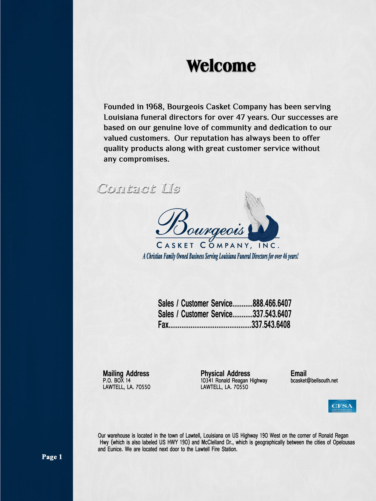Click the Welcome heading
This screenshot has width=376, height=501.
click(221, 66)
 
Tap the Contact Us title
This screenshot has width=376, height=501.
click(138, 188)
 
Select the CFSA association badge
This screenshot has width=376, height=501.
click(342, 406)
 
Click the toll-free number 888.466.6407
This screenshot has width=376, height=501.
click(272, 303)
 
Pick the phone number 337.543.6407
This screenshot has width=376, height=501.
click(272, 314)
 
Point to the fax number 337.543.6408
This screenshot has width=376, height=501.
click(271, 325)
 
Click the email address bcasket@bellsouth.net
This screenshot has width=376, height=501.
click(314, 380)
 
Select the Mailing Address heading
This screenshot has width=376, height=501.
click(126, 374)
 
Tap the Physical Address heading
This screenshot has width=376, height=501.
click(225, 374)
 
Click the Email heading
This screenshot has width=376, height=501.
click(298, 374)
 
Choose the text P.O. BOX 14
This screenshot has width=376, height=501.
click(117, 380)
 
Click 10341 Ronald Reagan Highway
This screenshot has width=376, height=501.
click(234, 380)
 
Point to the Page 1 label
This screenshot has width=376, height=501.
click(52, 457)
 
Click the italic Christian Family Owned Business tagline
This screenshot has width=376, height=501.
click(220, 256)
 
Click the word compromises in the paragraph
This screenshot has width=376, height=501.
click(144, 159)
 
